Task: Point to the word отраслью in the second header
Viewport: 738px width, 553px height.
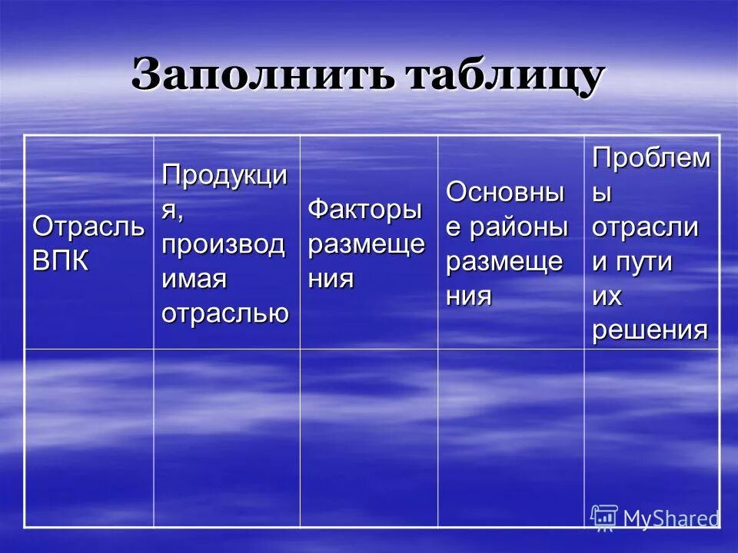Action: [224, 313]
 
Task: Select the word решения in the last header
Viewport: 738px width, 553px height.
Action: [650, 329]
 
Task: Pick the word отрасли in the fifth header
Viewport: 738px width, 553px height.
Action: [644, 227]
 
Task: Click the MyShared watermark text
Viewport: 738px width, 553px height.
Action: [670, 518]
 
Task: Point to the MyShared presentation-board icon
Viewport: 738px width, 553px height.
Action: [604, 518]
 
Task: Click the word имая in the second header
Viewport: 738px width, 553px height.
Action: [194, 280]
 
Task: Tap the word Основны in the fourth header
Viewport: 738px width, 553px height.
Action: [504, 193]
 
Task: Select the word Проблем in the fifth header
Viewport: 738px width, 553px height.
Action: [650, 159]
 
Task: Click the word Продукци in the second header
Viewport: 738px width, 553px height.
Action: [224, 175]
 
